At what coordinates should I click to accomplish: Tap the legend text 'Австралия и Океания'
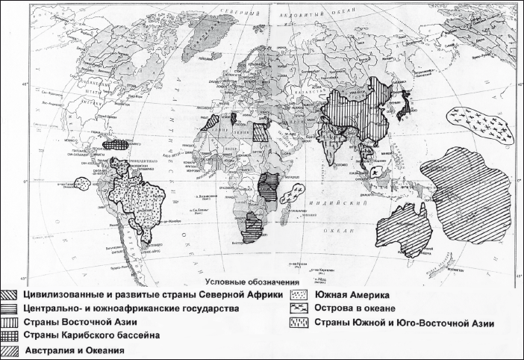(x=75, y=350)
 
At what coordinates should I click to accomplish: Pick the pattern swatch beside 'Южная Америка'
(x=298, y=294)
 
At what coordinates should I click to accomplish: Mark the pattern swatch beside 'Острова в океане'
(x=298, y=308)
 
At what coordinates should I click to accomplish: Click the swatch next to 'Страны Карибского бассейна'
(x=10, y=335)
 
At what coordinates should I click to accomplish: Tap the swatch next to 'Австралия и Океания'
(x=10, y=350)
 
